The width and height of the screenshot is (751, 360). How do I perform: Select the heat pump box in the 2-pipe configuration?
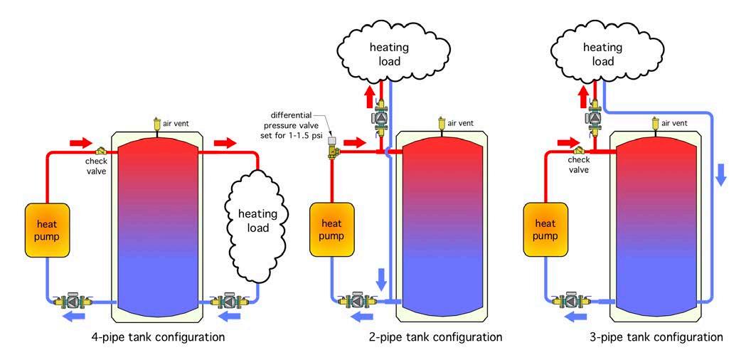(331, 230)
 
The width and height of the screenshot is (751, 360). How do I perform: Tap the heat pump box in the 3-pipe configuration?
(545, 230)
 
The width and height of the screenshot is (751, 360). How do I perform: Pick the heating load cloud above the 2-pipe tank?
(385, 53)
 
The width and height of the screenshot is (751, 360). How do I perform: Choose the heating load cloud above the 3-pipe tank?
(597, 53)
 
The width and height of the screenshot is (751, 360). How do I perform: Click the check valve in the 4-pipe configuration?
(102, 151)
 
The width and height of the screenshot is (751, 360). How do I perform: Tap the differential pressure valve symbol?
(331, 150)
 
